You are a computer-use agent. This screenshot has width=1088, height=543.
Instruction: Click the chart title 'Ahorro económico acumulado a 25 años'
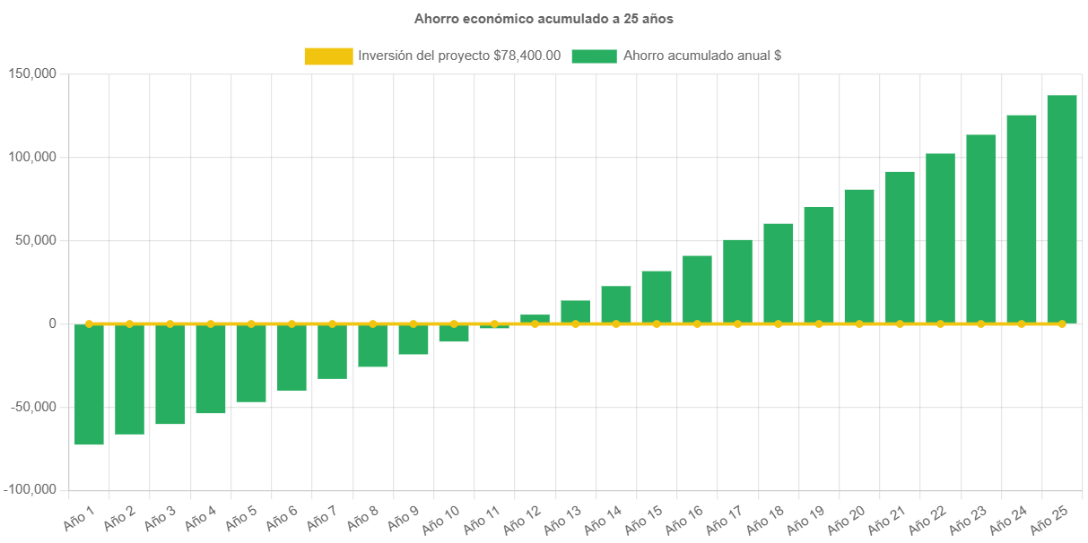point(544,18)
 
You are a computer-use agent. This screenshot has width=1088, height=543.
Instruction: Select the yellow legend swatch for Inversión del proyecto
point(328,56)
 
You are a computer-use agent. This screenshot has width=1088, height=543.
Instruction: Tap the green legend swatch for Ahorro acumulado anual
point(594,56)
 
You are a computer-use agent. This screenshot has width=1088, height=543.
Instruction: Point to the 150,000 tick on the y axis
point(32,73)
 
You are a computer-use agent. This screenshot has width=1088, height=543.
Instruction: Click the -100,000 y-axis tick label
point(30,490)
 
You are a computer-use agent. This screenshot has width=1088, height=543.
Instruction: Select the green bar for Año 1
point(89,384)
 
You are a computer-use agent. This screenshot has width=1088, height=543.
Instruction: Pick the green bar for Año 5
point(251,363)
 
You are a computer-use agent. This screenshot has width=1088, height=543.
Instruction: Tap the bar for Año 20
point(859,256)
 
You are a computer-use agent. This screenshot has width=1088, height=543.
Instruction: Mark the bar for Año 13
point(576,312)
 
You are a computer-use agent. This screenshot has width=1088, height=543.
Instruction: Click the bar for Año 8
point(372,346)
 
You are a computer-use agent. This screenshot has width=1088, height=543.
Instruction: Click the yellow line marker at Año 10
point(454,323)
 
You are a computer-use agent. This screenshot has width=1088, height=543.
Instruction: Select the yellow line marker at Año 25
point(1062,323)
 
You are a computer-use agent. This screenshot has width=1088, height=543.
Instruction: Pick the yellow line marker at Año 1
point(89,323)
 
